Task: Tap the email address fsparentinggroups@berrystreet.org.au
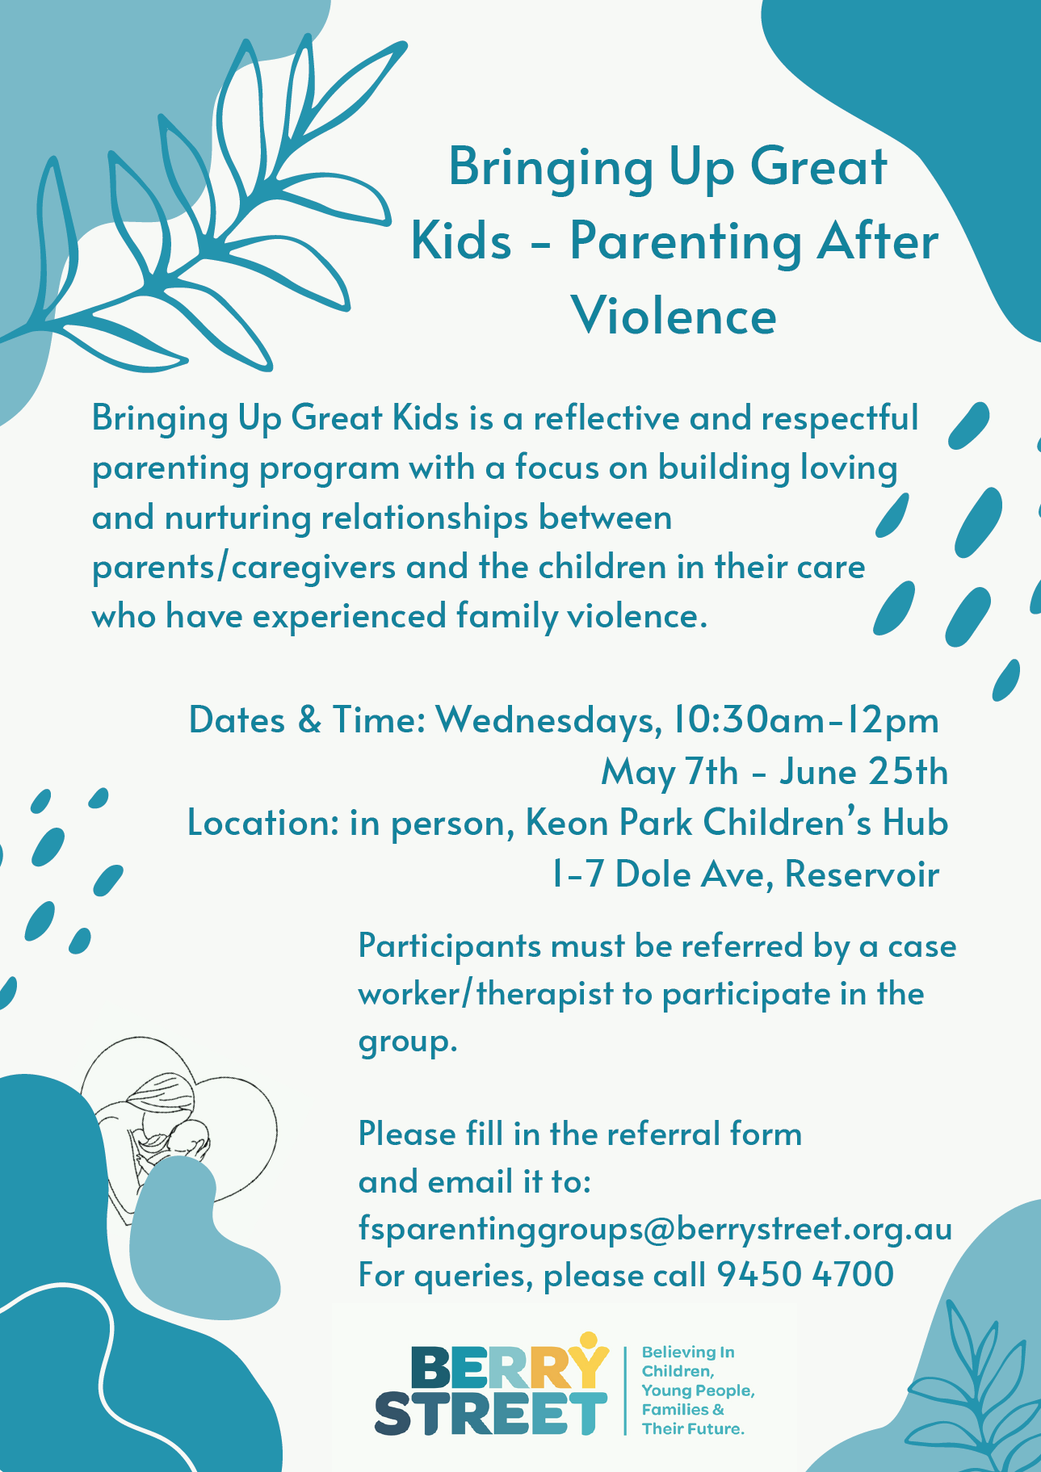click(x=655, y=1230)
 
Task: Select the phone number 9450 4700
click(x=805, y=1275)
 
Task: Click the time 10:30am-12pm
click(x=806, y=720)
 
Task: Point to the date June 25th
click(x=863, y=772)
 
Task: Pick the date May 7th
click(x=670, y=773)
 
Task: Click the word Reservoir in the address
click(x=862, y=874)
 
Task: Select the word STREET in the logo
click(x=490, y=1413)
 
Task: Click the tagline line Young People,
click(x=698, y=1390)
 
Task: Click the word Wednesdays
click(x=546, y=720)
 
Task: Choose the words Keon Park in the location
click(x=609, y=823)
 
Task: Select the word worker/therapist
click(x=486, y=994)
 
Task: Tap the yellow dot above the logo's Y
click(x=590, y=1340)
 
